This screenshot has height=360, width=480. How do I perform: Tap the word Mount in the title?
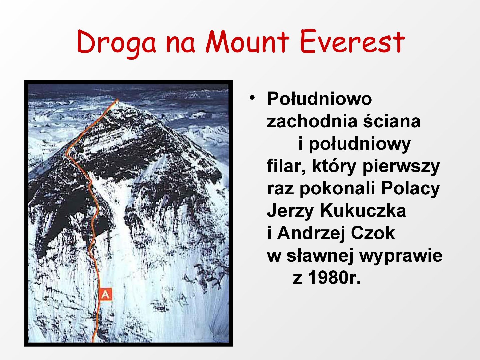pos(248,42)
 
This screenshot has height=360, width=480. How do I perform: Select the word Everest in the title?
pos(352,42)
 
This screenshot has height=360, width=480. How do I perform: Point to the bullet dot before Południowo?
pos(252,97)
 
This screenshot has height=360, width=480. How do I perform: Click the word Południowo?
pos(319,99)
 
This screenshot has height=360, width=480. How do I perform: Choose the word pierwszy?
pos(401,168)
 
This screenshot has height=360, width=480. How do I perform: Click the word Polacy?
pos(410,190)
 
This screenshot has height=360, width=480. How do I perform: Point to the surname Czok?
pos(373,233)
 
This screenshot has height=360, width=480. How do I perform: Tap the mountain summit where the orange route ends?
pos(117,100)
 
